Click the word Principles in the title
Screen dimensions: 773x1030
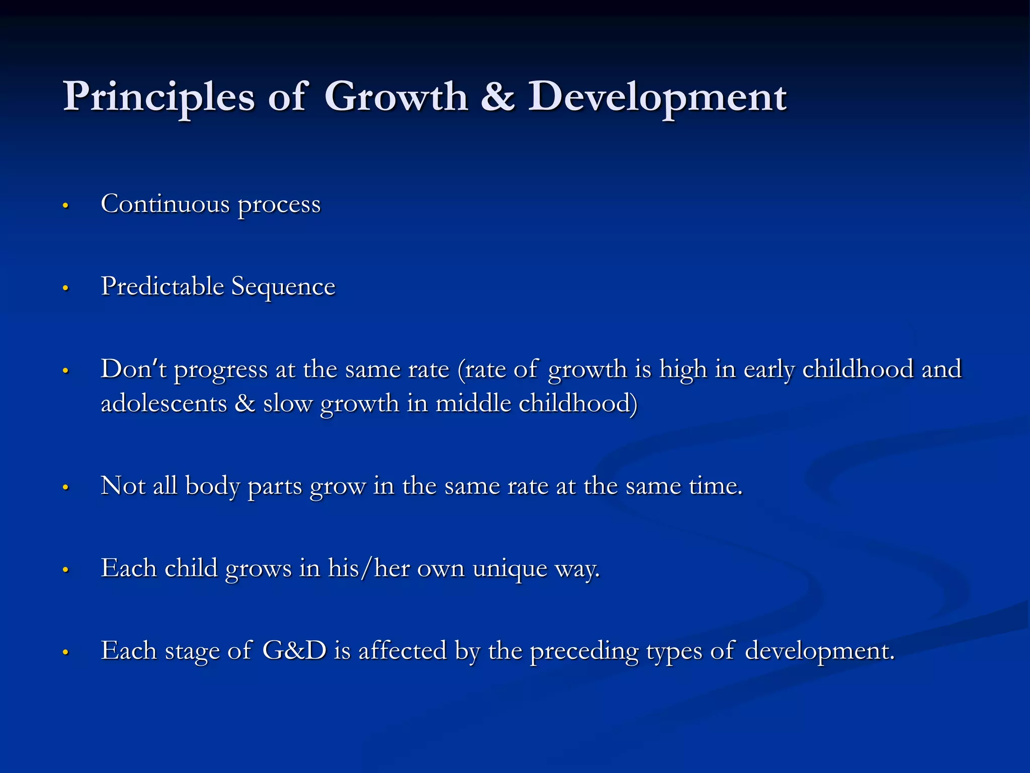tap(159, 97)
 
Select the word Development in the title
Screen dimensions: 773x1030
tap(657, 97)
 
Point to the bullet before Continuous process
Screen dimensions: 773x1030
tap(65, 206)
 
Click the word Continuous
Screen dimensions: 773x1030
tap(165, 204)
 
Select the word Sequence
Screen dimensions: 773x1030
tap(283, 286)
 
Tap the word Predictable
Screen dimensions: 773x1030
tap(162, 286)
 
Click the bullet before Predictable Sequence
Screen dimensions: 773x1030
tap(65, 288)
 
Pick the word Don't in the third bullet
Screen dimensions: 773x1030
tap(133, 369)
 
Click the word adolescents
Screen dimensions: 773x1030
tap(164, 403)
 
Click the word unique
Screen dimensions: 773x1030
tap(509, 569)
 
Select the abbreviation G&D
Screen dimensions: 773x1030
tap(295, 650)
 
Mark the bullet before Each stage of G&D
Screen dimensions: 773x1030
tap(65, 653)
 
